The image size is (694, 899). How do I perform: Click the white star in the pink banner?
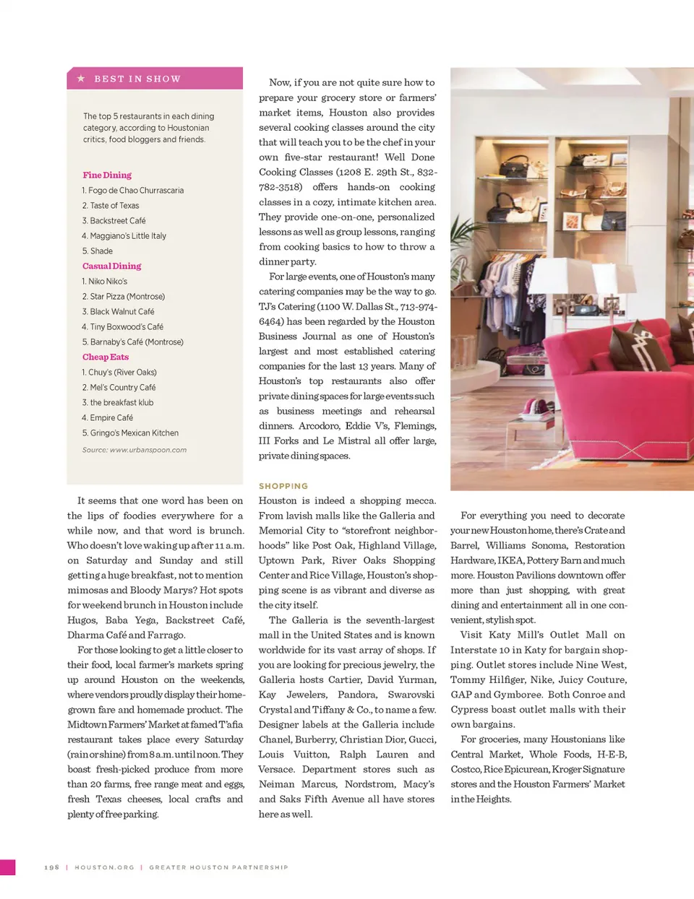pos(81,78)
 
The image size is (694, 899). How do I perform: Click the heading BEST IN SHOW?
pos(137,79)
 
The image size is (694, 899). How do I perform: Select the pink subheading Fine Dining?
pos(107,175)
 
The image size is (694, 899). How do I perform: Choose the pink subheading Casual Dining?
pos(111,266)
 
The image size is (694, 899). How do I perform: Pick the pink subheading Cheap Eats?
pos(106,357)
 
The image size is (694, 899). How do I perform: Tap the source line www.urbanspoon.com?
pos(134,450)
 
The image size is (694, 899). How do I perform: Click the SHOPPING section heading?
pos(283,486)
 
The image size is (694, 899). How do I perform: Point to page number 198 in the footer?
pos(51,867)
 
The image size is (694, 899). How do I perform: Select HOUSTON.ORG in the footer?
pos(104,867)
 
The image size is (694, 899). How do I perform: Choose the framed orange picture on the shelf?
pos(571,222)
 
